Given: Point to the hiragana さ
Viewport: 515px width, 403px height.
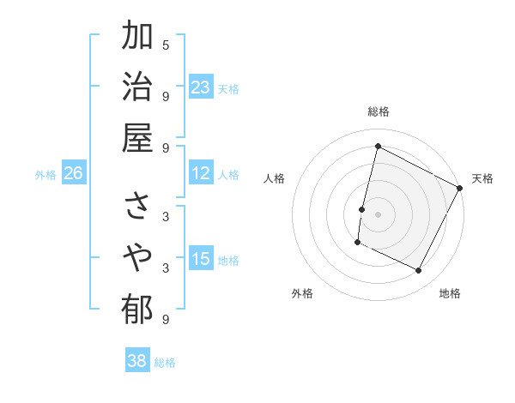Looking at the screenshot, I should [x=137, y=207].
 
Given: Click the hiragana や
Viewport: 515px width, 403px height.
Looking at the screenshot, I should [x=137, y=257].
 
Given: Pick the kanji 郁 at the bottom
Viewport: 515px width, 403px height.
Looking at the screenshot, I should [x=137, y=308].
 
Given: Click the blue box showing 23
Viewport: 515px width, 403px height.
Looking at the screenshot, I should [x=201, y=87].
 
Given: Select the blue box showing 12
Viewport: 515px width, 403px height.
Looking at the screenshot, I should [x=201, y=173].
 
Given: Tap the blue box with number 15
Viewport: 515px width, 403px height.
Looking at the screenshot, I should [x=201, y=259].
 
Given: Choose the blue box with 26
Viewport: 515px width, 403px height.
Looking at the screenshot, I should [x=73, y=174].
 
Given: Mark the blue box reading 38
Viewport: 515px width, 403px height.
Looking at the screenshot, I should [x=137, y=361].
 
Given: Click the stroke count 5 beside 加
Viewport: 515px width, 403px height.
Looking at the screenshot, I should [x=166, y=45].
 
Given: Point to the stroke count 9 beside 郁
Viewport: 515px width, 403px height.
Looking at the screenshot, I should [x=166, y=319].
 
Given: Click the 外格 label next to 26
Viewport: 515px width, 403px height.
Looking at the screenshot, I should [x=45, y=175].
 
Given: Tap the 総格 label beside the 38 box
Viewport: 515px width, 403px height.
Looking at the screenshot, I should [x=165, y=363].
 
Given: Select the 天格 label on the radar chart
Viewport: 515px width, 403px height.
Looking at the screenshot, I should [x=482, y=178].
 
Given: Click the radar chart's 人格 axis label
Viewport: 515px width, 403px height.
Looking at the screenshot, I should [x=274, y=178].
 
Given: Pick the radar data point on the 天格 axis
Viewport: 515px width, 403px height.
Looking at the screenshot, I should [x=459, y=188].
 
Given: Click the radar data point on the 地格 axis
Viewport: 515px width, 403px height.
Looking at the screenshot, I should [x=419, y=271].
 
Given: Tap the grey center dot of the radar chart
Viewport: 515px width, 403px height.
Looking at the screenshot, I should [x=378, y=214].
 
